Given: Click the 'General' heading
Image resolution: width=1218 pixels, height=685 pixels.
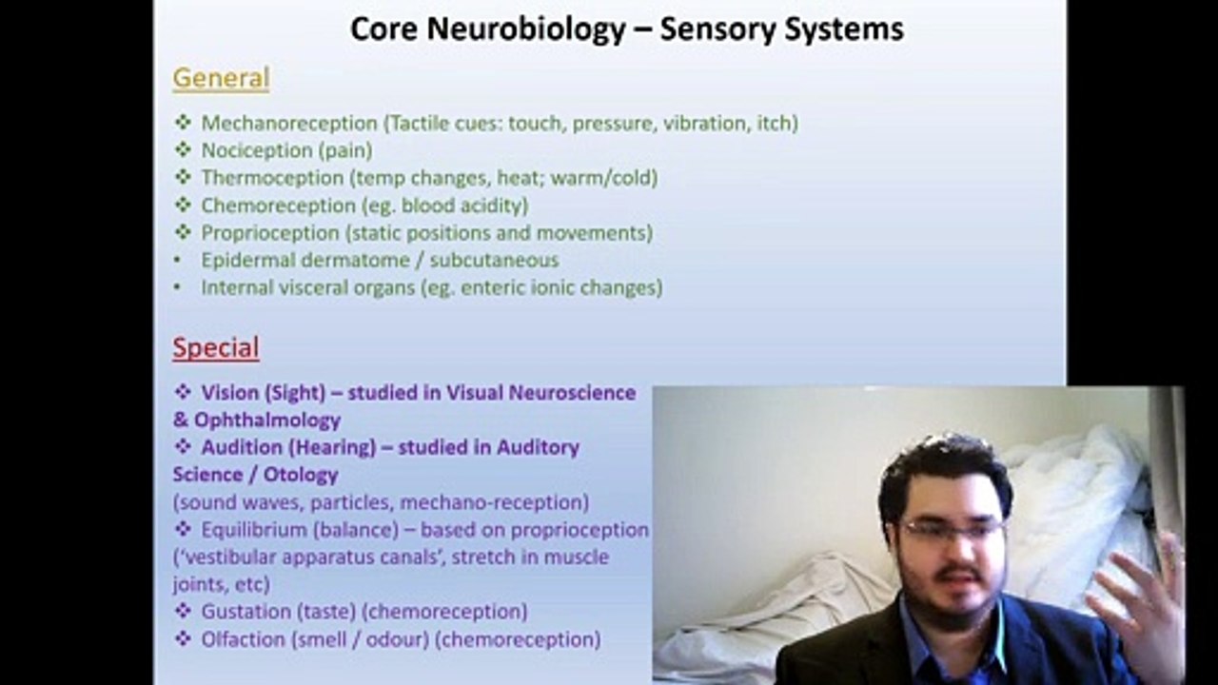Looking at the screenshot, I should pos(221,78).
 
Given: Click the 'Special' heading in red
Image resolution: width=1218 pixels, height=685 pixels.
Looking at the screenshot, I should pos(215,348).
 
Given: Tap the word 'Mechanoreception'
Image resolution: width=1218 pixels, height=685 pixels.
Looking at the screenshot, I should pos(289,123).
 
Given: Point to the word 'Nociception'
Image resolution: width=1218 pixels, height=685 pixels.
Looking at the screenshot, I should pos(257,150).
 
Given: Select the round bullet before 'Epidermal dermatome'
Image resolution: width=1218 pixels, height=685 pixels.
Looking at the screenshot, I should pos(177,261).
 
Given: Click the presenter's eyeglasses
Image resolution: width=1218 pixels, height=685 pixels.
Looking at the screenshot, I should pos(952,529).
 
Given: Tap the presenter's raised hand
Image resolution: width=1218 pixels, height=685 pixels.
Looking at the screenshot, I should pos(1137,599).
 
